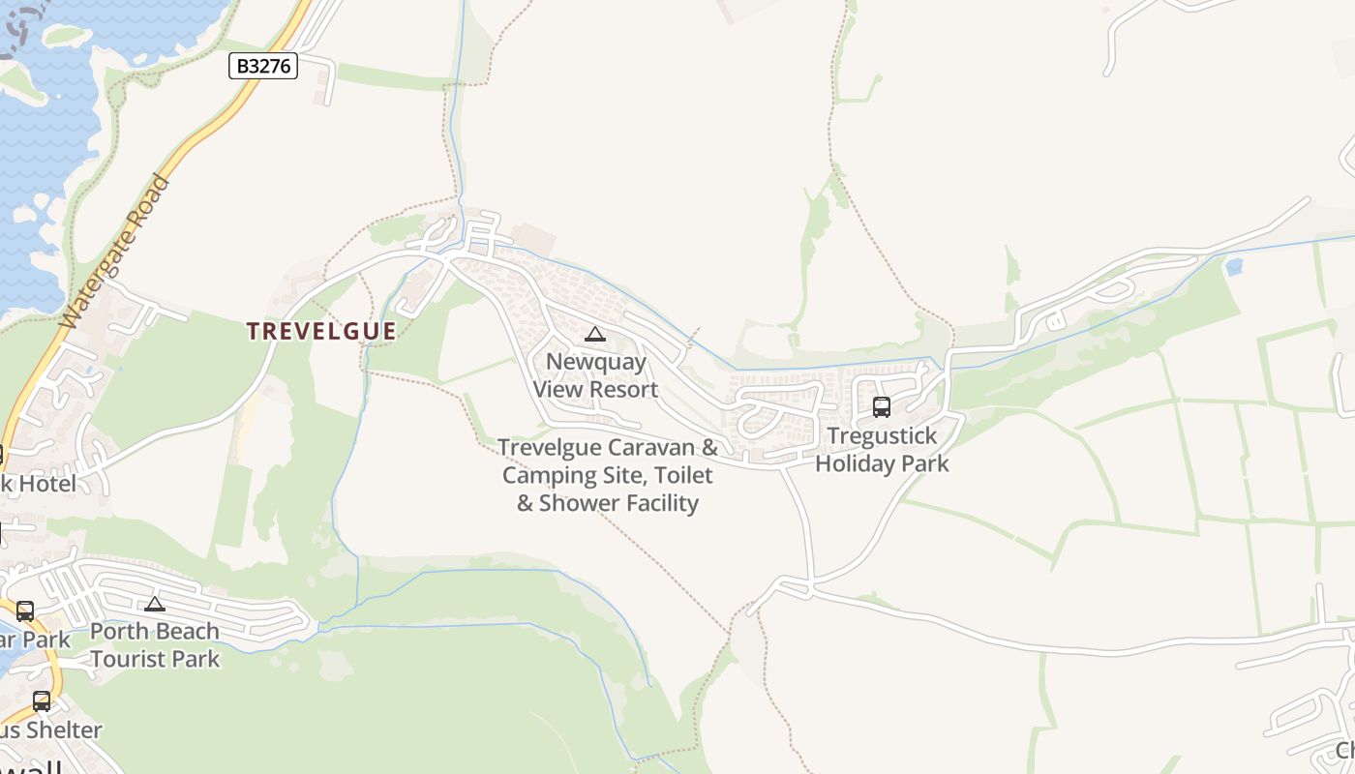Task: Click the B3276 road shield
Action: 262,66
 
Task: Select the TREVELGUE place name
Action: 321,331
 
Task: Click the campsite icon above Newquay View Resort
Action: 595,335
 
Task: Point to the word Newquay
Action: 596,362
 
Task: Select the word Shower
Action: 580,503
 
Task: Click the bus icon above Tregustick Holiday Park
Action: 882,407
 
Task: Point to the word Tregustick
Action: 883,435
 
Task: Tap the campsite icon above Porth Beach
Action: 155,605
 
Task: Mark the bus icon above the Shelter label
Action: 42,701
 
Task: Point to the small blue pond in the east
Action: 1233,266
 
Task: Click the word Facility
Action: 661,503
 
